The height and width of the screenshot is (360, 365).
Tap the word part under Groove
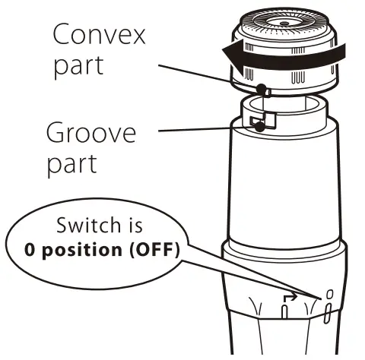click(72, 164)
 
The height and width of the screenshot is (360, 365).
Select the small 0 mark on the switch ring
click(328, 293)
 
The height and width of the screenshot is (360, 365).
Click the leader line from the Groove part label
click(205, 130)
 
